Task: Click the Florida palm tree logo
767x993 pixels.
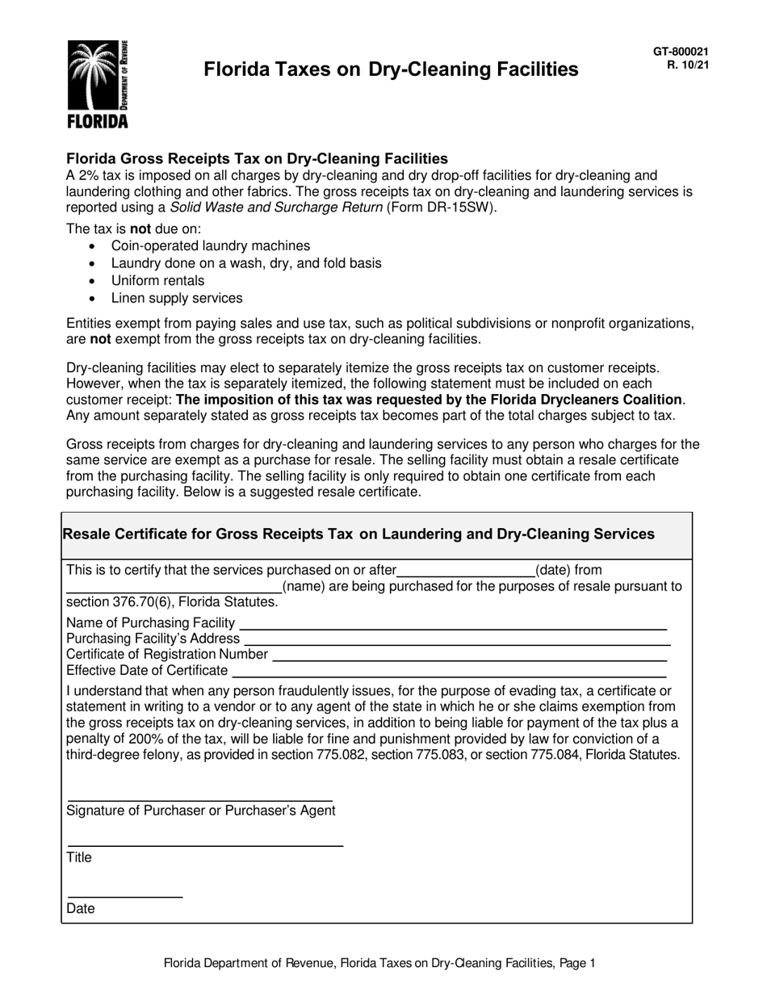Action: (97, 83)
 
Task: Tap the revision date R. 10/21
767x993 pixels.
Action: (687, 65)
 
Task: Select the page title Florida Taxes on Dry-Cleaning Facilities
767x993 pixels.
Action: (391, 69)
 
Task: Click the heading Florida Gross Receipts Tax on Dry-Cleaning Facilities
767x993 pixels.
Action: (257, 158)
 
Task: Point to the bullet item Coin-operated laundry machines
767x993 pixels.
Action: (210, 245)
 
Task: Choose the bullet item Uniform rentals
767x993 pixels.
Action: (157, 281)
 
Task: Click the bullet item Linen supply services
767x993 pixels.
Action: (176, 299)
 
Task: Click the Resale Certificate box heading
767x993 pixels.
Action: (358, 534)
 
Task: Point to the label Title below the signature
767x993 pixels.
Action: (79, 857)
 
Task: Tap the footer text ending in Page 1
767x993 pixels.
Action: (379, 962)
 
